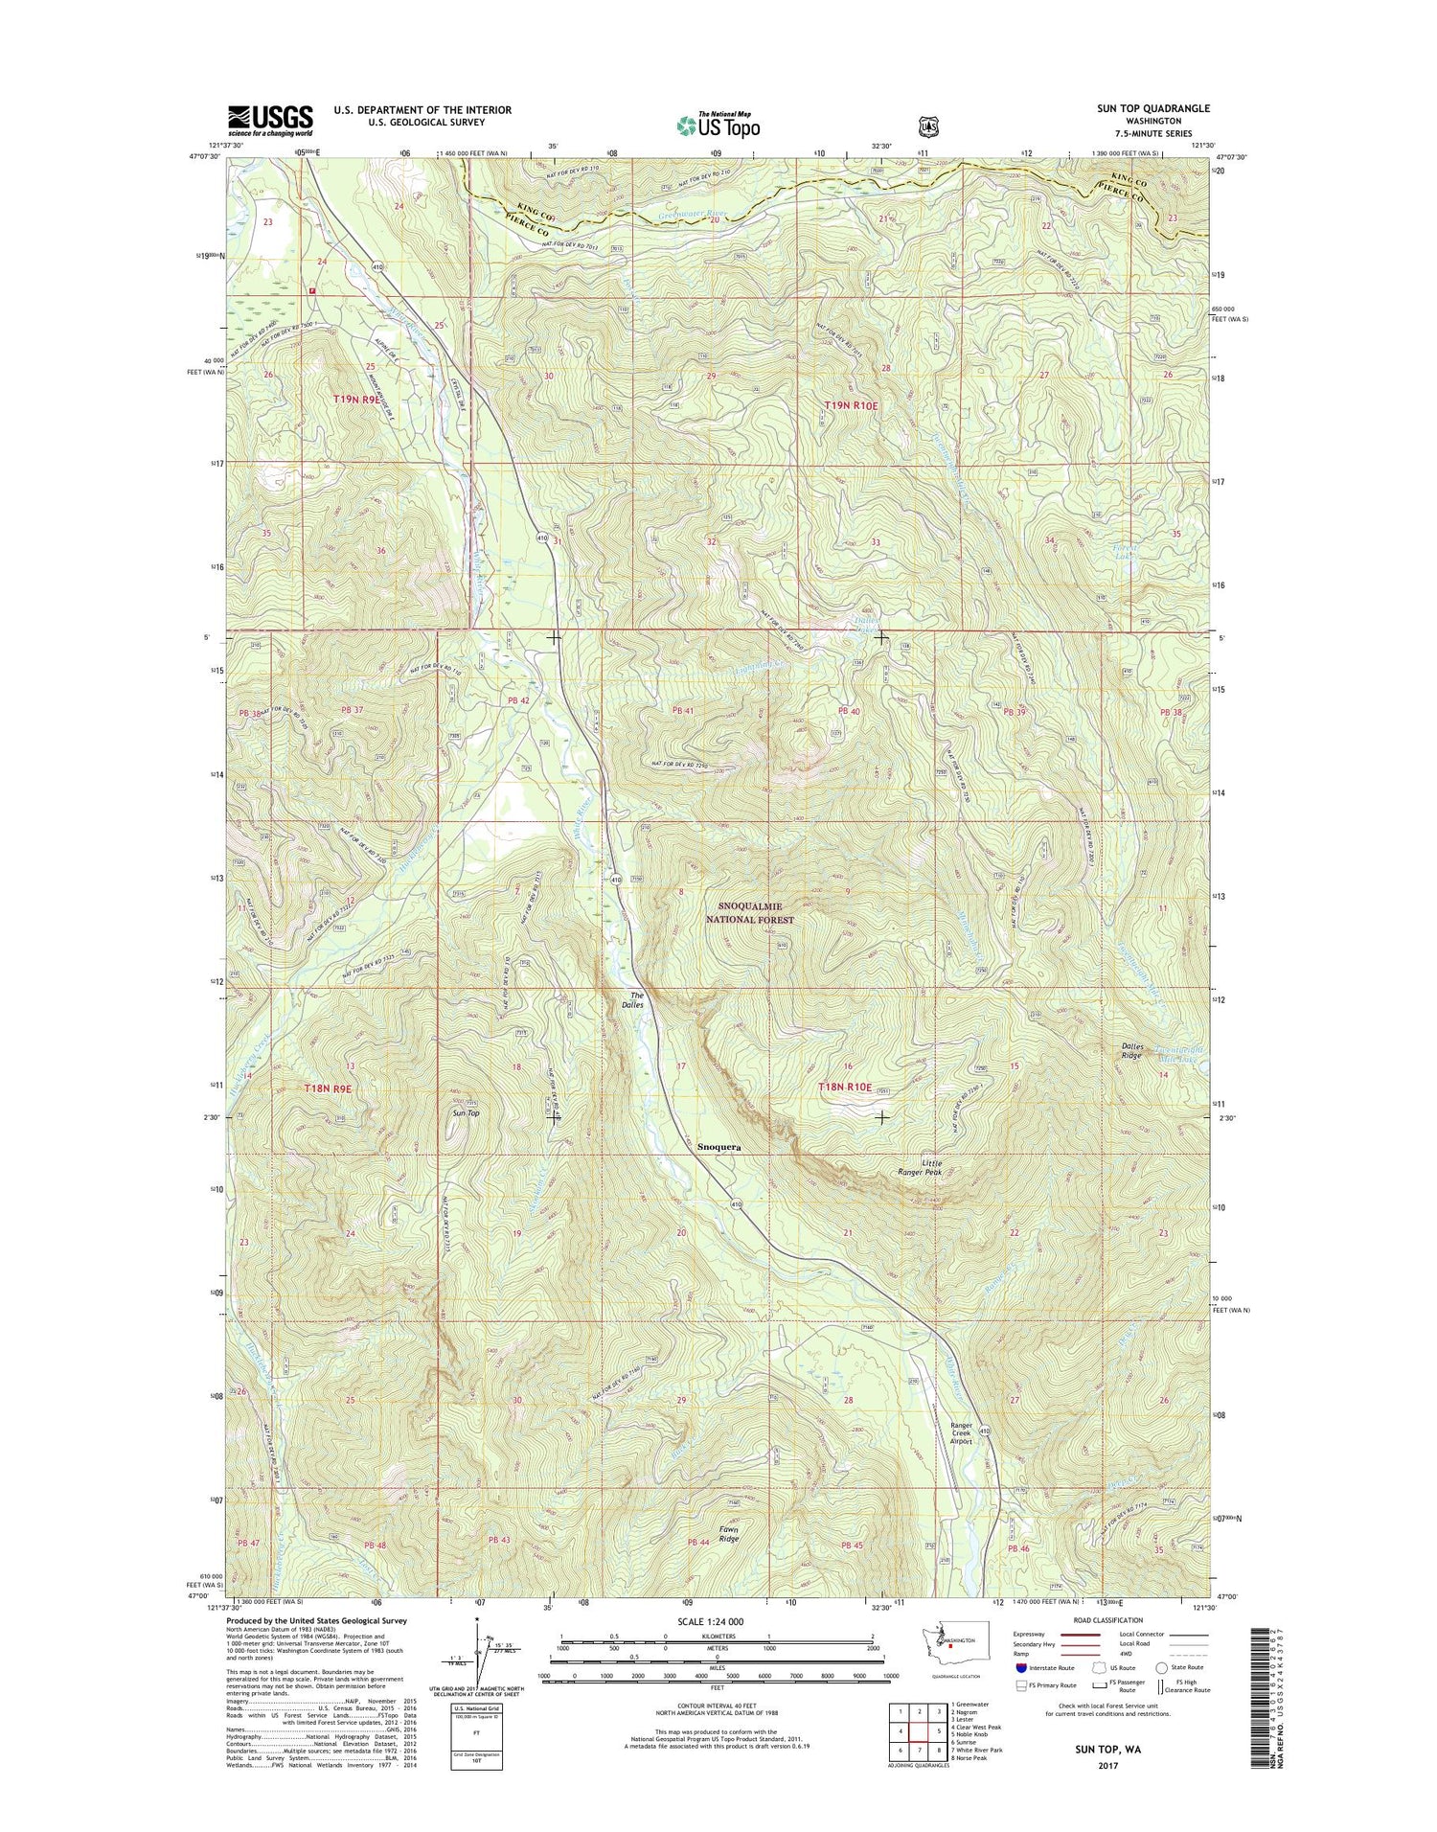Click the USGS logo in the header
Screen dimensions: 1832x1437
point(269,118)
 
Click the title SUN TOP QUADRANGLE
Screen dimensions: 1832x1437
point(1152,109)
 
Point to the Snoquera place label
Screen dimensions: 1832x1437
point(718,1146)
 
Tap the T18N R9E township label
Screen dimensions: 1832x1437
point(329,1088)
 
